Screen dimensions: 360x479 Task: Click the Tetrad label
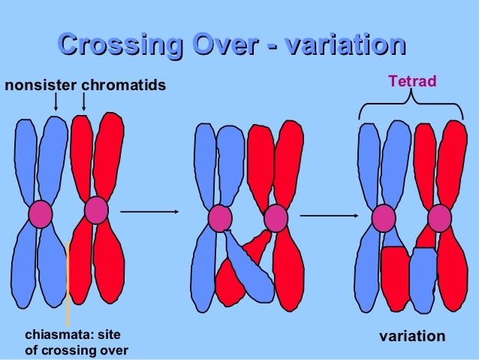pos(411,80)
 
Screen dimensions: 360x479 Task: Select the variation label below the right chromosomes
pos(411,336)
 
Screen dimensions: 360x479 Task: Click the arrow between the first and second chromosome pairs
pos(149,212)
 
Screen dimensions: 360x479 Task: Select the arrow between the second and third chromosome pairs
pos(328,216)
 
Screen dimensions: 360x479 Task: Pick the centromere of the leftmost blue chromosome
pos(40,213)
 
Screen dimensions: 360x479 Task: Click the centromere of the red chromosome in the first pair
pos(96,210)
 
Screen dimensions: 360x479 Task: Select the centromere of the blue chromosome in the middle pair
pos(219,218)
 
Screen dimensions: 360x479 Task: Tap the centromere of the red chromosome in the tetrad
pos(439,218)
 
